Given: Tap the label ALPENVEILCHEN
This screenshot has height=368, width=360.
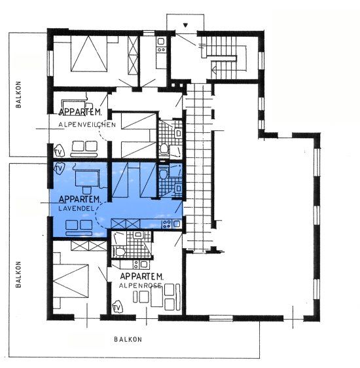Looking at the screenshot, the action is [87, 124].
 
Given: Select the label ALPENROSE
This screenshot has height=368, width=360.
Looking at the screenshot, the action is [140, 285].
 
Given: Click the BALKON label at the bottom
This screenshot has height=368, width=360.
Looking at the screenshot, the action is [128, 339].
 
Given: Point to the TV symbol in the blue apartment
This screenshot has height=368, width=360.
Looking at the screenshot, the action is [59, 168].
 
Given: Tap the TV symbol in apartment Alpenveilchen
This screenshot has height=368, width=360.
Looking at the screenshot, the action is [59, 152].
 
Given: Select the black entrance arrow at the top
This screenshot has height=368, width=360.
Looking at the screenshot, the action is [185, 25].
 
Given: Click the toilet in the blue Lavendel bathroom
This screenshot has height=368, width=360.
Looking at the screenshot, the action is [163, 173].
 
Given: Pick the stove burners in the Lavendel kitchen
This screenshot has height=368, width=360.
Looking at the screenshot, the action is [167, 224].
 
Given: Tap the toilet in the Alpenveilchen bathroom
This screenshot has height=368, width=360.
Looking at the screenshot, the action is [164, 149].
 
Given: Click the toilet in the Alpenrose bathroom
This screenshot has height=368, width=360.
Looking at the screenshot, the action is [119, 252].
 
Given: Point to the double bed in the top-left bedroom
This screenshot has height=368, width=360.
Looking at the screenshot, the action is [89, 54].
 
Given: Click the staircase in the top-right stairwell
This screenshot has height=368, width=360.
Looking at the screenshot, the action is [223, 58].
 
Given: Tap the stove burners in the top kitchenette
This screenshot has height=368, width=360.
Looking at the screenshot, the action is [161, 50].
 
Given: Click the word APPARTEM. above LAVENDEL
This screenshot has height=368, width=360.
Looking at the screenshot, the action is [80, 200].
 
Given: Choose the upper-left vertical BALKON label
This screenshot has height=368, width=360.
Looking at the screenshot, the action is [18, 94].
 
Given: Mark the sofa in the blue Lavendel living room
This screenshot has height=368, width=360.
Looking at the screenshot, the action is [79, 228].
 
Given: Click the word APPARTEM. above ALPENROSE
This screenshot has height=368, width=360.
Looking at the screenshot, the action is [141, 276].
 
